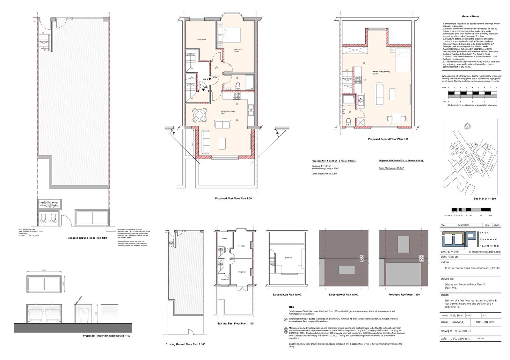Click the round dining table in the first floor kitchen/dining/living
click(199, 115)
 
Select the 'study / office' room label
click(201, 40)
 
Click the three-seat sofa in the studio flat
click(379, 94)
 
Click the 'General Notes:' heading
click(470, 16)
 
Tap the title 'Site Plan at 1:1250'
click(484, 199)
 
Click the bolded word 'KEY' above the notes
click(291, 307)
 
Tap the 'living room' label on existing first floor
click(242, 272)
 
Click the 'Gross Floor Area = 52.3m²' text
click(324, 174)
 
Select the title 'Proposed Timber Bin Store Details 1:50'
click(106, 336)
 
